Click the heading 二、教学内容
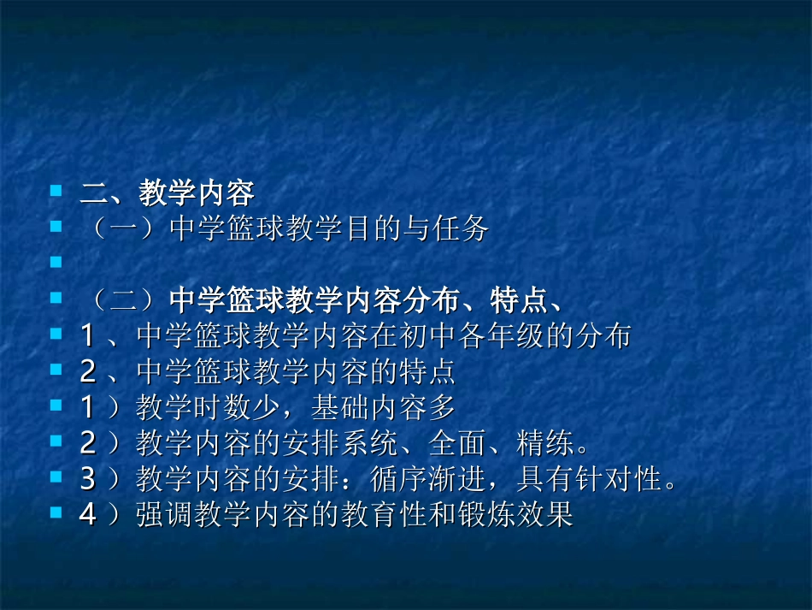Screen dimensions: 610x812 coord(167,193)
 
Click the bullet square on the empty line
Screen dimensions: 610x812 coord(56,261)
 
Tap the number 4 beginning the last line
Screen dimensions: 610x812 coord(88,516)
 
